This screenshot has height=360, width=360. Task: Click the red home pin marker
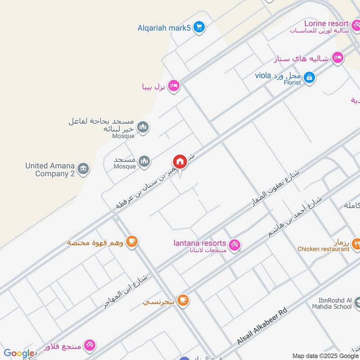(x=180, y=162)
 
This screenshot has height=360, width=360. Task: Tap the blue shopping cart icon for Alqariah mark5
(x=199, y=27)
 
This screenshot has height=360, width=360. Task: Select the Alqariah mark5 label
(x=164, y=28)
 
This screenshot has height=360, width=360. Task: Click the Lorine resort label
(x=326, y=23)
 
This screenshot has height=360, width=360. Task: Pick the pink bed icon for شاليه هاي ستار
(x=337, y=58)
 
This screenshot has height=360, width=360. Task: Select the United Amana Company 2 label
(x=50, y=170)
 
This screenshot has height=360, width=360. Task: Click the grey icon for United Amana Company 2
(x=83, y=169)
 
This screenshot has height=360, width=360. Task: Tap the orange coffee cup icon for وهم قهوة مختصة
(x=131, y=242)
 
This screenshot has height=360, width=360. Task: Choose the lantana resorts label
(x=199, y=243)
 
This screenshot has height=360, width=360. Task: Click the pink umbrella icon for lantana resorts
(x=234, y=245)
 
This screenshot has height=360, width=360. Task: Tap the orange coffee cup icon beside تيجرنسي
(x=183, y=300)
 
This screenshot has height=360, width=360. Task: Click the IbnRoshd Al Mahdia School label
(x=331, y=303)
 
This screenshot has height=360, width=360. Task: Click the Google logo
(x=18, y=354)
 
